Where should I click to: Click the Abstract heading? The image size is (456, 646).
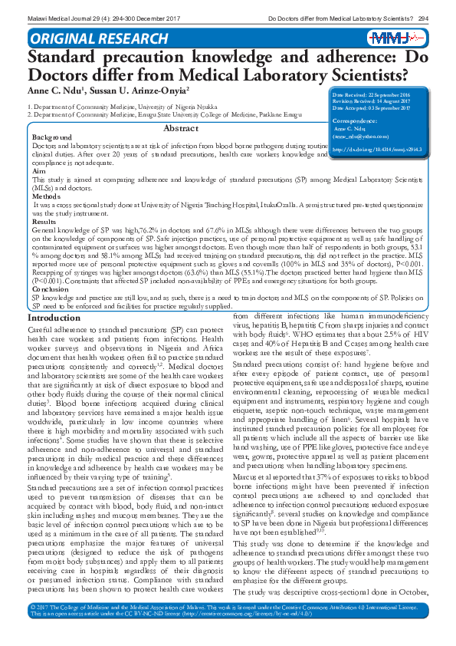(x=181, y=128)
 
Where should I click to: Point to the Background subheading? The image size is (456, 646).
(x=48, y=137)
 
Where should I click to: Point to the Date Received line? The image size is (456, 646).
(x=381, y=94)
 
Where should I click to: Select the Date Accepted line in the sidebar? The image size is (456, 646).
(x=381, y=107)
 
